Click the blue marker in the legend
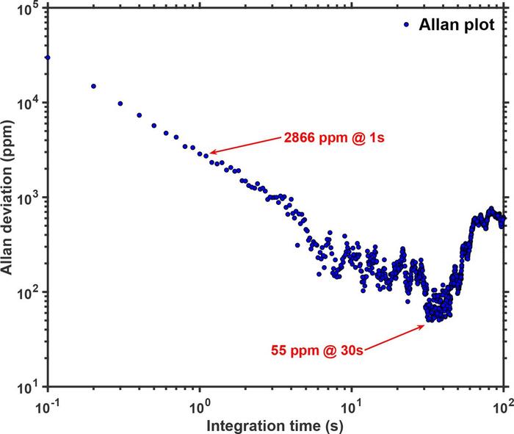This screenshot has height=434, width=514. [x=408, y=24]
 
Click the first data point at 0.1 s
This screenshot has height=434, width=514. [x=48, y=57]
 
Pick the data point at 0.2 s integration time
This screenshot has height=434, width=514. [x=93, y=86]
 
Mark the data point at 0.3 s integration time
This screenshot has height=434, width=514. [x=120, y=104]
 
